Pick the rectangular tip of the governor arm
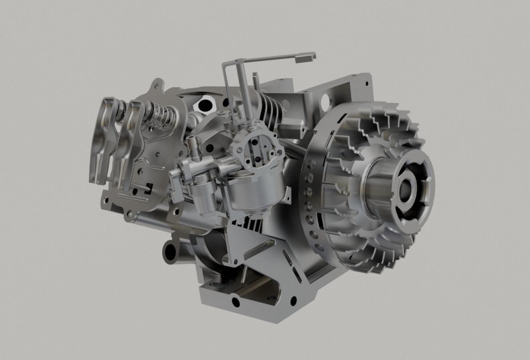point(305,58)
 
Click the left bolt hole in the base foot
point(236,301)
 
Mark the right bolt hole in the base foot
point(294,300)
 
